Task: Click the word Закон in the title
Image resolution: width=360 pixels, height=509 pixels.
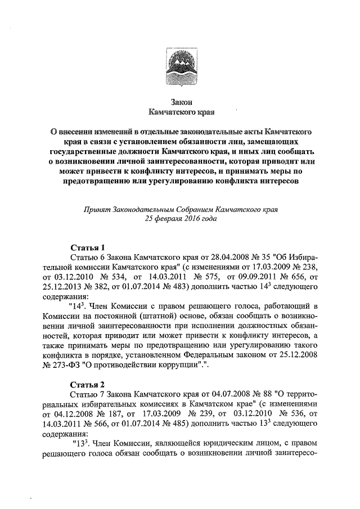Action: (x=180, y=102)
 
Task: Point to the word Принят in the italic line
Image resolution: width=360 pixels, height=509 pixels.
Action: (x=97, y=209)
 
